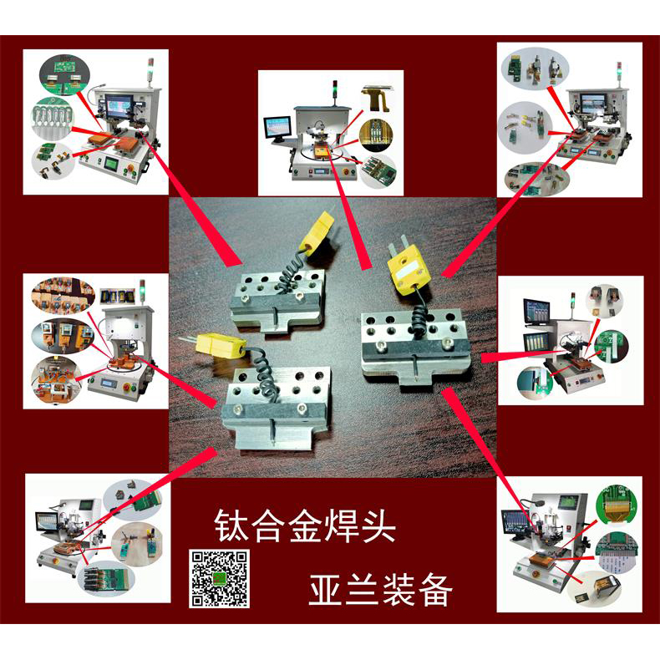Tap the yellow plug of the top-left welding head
315,232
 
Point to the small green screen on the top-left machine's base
109,165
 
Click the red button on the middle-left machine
129,387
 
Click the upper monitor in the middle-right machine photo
535,311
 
